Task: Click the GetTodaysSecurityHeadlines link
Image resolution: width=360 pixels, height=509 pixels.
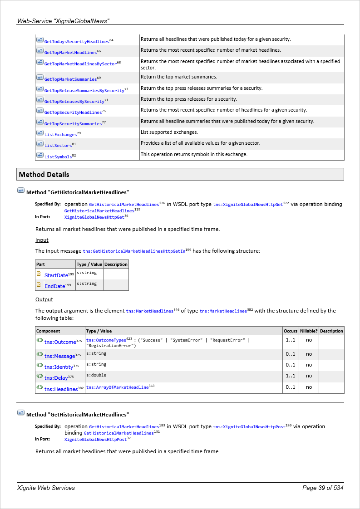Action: click(x=77, y=42)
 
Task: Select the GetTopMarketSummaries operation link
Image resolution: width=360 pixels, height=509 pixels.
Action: click(x=70, y=79)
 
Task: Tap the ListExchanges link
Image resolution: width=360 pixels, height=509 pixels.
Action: click(x=60, y=135)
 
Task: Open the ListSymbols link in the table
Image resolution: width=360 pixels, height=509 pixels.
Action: click(x=58, y=157)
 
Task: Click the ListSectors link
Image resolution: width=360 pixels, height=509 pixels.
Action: click(x=58, y=146)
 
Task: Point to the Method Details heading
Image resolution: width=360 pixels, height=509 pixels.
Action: click(x=44, y=175)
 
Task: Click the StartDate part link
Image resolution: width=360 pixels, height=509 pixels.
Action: click(x=56, y=275)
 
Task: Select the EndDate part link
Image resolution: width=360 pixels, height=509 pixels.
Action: click(x=54, y=286)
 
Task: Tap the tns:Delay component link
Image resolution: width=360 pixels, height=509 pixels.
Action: click(x=56, y=378)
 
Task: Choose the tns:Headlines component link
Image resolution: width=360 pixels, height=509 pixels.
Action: click(x=61, y=389)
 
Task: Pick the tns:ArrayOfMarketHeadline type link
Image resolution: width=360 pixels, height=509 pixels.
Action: click(x=117, y=387)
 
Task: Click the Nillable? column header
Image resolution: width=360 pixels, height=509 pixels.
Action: click(x=309, y=331)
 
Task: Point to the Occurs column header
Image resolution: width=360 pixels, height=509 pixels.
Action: click(x=290, y=331)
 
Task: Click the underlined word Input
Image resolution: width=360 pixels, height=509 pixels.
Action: click(x=42, y=240)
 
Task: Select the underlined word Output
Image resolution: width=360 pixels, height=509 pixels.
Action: click(x=44, y=299)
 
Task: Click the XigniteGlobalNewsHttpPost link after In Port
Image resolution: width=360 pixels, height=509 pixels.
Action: click(x=95, y=440)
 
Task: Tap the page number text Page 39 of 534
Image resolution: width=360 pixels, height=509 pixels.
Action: click(x=323, y=488)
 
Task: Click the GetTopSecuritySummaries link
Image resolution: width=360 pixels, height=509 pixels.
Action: click(x=73, y=124)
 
